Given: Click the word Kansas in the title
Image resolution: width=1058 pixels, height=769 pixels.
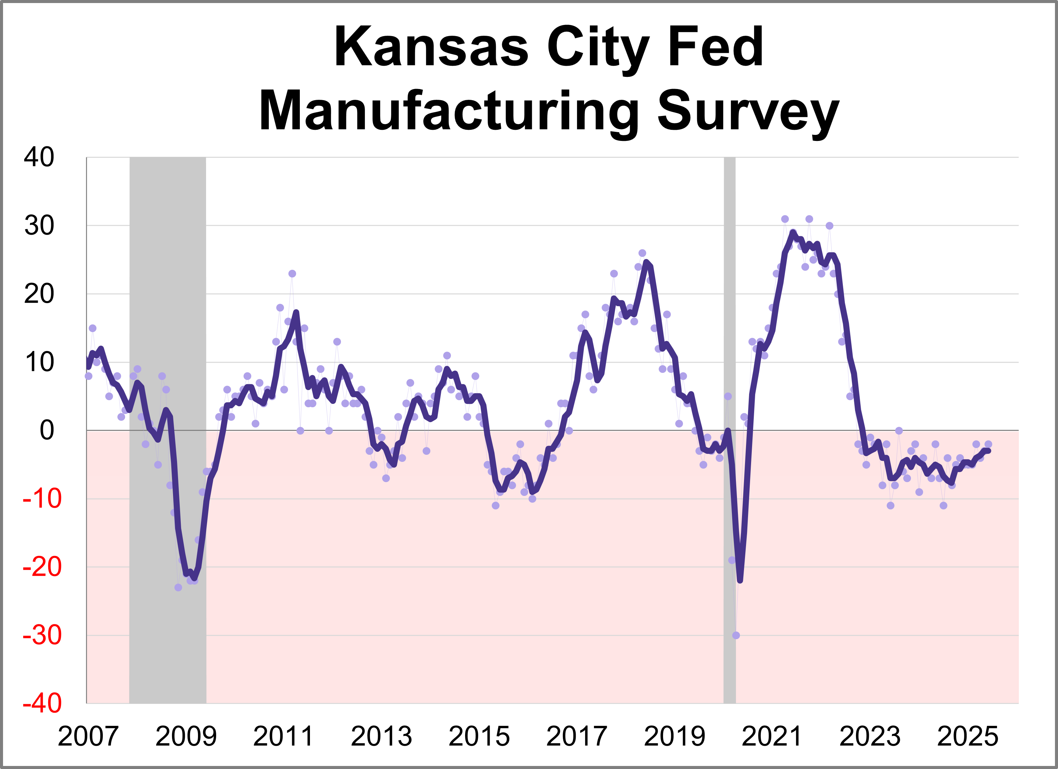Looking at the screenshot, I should tap(431, 48).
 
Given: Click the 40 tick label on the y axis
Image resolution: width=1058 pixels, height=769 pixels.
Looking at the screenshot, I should tap(39, 158).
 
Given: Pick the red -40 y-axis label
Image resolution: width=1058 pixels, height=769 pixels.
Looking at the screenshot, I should tap(42, 703).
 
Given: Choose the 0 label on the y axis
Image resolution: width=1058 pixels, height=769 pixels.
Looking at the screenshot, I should tap(47, 431).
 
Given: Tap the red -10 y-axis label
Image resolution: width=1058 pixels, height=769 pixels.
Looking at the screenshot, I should tap(42, 499).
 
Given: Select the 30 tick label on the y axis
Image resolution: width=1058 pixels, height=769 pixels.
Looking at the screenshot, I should tap(39, 226).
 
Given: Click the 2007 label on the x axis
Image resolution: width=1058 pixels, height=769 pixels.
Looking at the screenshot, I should tap(88, 737).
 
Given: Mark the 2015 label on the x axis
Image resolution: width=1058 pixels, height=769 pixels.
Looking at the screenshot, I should tap(479, 737).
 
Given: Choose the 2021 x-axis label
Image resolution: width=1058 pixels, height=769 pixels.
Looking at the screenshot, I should tap(772, 737).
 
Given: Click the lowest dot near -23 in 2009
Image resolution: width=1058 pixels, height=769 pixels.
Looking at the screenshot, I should tap(178, 588).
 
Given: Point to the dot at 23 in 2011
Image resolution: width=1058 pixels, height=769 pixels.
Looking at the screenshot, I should tap(292, 274).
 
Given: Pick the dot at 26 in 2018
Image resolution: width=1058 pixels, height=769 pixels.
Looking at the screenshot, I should tap(642, 253).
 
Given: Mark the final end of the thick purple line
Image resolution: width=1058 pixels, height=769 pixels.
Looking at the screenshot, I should tap(989, 450).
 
